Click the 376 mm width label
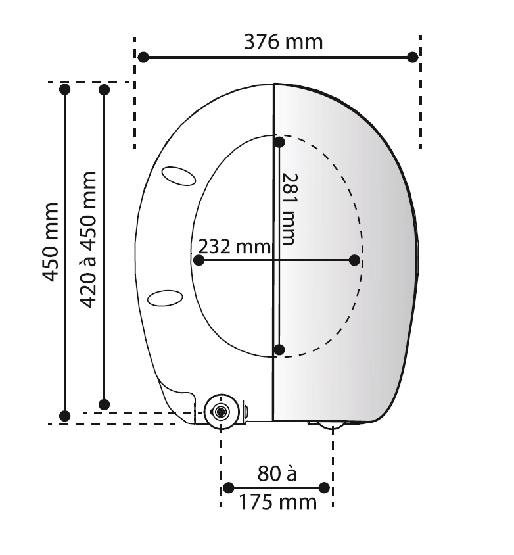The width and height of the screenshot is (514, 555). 283,42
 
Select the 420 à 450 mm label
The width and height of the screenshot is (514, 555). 87,239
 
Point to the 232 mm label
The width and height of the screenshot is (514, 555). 235,247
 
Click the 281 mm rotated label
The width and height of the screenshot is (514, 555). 289,209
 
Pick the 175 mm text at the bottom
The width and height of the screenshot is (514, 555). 277,502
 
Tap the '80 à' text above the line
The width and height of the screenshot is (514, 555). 277,473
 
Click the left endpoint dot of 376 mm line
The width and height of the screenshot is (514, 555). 143,57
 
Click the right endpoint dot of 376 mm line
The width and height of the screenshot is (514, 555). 413,57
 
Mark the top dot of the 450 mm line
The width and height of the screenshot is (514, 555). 64,89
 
